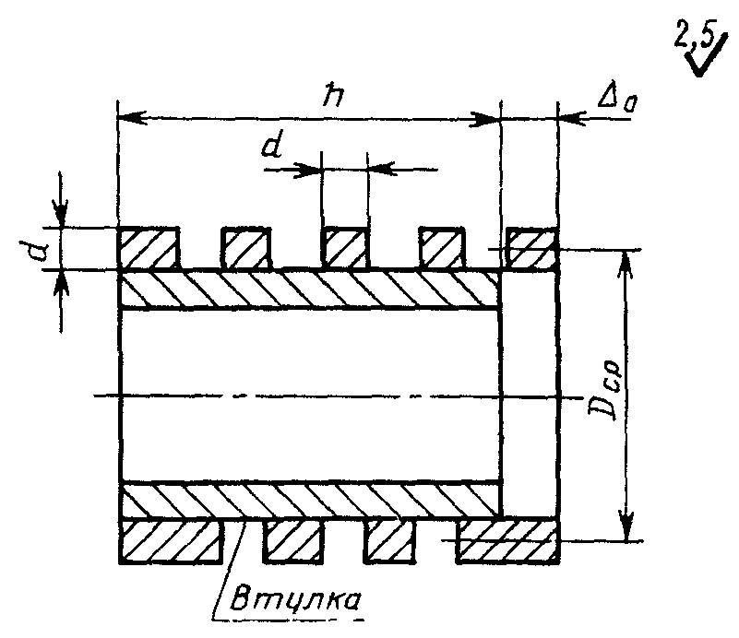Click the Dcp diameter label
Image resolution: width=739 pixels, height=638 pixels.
pyautogui.click(x=605, y=390)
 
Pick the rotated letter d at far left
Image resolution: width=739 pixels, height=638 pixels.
pyautogui.click(x=34, y=250)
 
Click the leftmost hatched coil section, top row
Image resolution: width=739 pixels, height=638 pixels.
pyautogui.click(x=148, y=248)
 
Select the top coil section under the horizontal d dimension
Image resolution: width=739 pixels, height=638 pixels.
pyautogui.click(x=344, y=248)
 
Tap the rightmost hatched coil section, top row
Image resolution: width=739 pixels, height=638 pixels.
pyautogui.click(x=531, y=249)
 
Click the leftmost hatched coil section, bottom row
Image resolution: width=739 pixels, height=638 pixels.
pyautogui.click(x=171, y=540)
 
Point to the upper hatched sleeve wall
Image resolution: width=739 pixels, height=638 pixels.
pyautogui.click(x=309, y=289)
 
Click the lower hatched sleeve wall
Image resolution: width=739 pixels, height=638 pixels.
pyautogui.click(x=310, y=500)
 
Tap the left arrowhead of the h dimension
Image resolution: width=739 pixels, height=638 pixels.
pyautogui.click(x=131, y=118)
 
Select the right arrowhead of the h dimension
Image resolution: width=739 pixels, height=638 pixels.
pyautogui.click(x=485, y=120)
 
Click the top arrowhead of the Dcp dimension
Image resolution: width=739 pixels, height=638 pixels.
pyautogui.click(x=626, y=266)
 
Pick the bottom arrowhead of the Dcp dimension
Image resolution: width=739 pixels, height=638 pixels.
pyautogui.click(x=626, y=526)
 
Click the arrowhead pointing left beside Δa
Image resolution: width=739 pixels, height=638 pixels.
pyautogui.click(x=572, y=118)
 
